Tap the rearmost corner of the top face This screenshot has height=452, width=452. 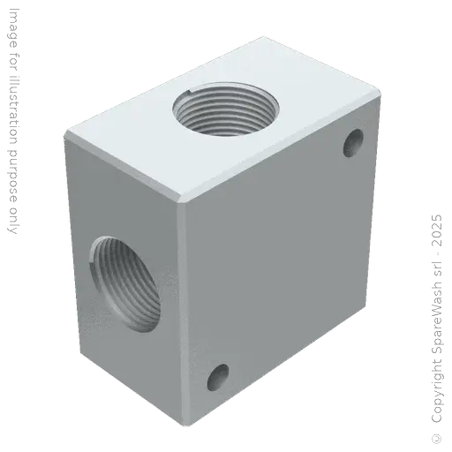[263, 35]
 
